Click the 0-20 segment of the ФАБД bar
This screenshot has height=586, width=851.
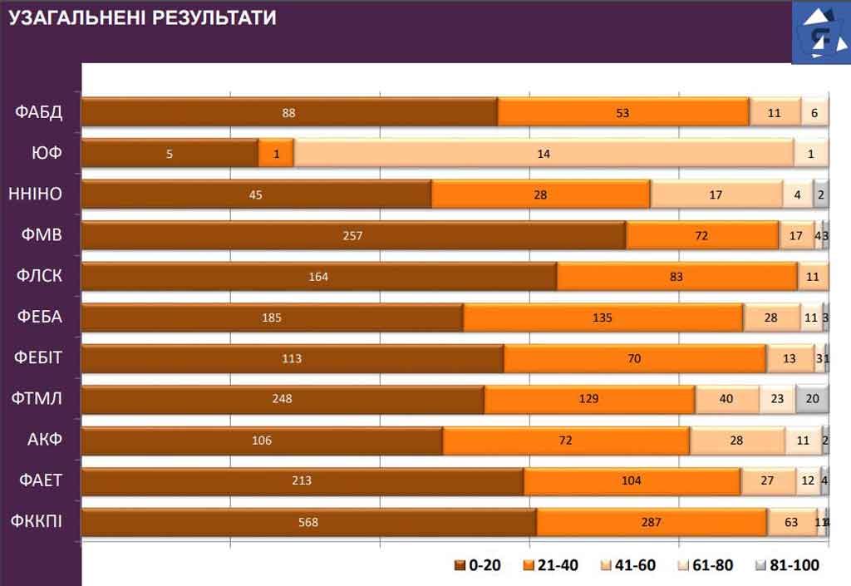(x=289, y=112)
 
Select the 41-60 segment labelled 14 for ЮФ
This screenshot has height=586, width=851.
(x=544, y=154)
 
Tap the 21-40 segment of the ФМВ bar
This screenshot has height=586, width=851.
(x=702, y=235)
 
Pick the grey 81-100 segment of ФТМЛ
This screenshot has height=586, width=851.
(x=812, y=399)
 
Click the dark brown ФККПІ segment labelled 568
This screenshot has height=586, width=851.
(x=308, y=522)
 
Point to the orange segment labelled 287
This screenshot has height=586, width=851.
(x=652, y=522)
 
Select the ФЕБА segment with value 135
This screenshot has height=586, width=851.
(x=603, y=318)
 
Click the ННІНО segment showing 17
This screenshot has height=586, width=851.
(x=716, y=195)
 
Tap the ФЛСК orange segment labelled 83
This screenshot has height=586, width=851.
(x=676, y=277)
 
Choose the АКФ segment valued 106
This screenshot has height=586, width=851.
(x=262, y=441)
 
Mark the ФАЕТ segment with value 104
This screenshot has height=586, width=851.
(x=632, y=480)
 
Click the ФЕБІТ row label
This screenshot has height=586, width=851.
(x=38, y=358)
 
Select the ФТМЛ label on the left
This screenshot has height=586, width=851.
(x=38, y=399)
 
